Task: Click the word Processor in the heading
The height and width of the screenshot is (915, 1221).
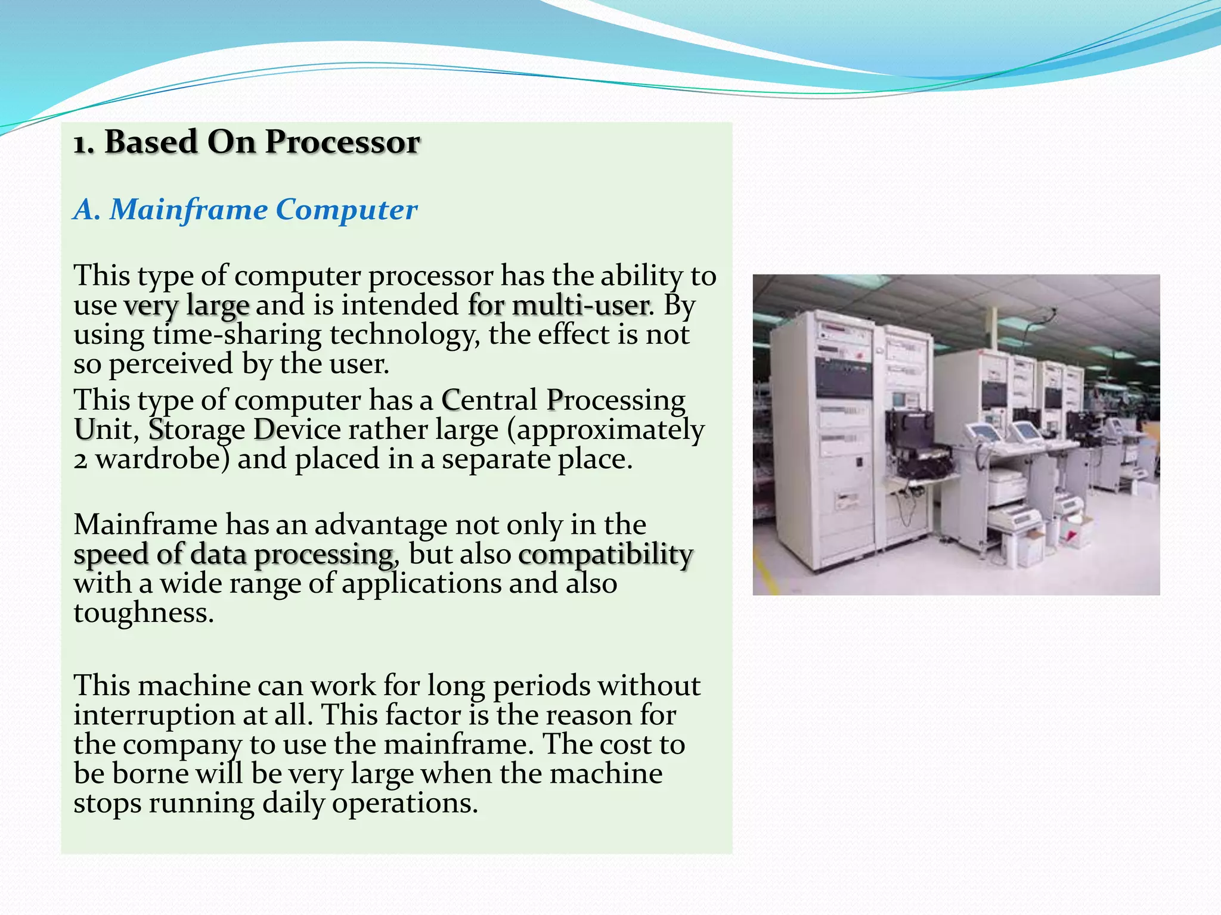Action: pos(342,142)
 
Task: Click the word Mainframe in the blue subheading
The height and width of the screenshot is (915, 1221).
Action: pos(188,210)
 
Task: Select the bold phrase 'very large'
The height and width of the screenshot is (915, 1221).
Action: pos(187,306)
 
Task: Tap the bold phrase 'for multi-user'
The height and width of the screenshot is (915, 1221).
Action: pos(558,306)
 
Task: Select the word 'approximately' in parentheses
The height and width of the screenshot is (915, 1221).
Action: pos(610,430)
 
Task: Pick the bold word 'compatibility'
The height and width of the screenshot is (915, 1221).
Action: pos(606,555)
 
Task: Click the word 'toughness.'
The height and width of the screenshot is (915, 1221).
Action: pos(144,613)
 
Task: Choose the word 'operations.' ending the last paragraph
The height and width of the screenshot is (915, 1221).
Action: pos(405,804)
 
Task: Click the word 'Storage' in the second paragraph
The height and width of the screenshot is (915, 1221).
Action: pos(197,430)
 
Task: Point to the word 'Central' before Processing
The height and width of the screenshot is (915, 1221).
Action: pos(489,400)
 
